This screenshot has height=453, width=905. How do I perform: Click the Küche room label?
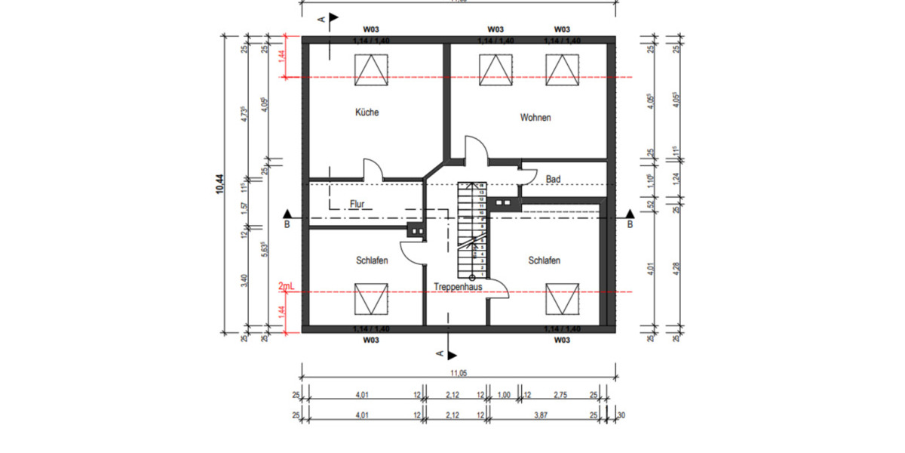[367, 112]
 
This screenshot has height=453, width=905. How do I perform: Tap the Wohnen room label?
[535, 118]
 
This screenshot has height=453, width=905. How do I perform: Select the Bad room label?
[553, 179]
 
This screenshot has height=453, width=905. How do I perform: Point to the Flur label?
[357, 204]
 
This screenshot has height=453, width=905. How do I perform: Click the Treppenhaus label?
[458, 287]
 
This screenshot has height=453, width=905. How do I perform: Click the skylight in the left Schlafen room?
[367, 298]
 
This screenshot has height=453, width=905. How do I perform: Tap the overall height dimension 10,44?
[219, 185]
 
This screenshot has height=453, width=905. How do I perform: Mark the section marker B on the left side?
[287, 223]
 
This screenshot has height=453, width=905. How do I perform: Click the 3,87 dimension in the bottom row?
[540, 414]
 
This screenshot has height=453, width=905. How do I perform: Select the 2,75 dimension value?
[561, 395]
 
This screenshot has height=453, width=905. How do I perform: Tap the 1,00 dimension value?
[505, 395]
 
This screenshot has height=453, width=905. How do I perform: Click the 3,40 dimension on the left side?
[243, 281]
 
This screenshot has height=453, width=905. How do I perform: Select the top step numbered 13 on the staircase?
[480, 194]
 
